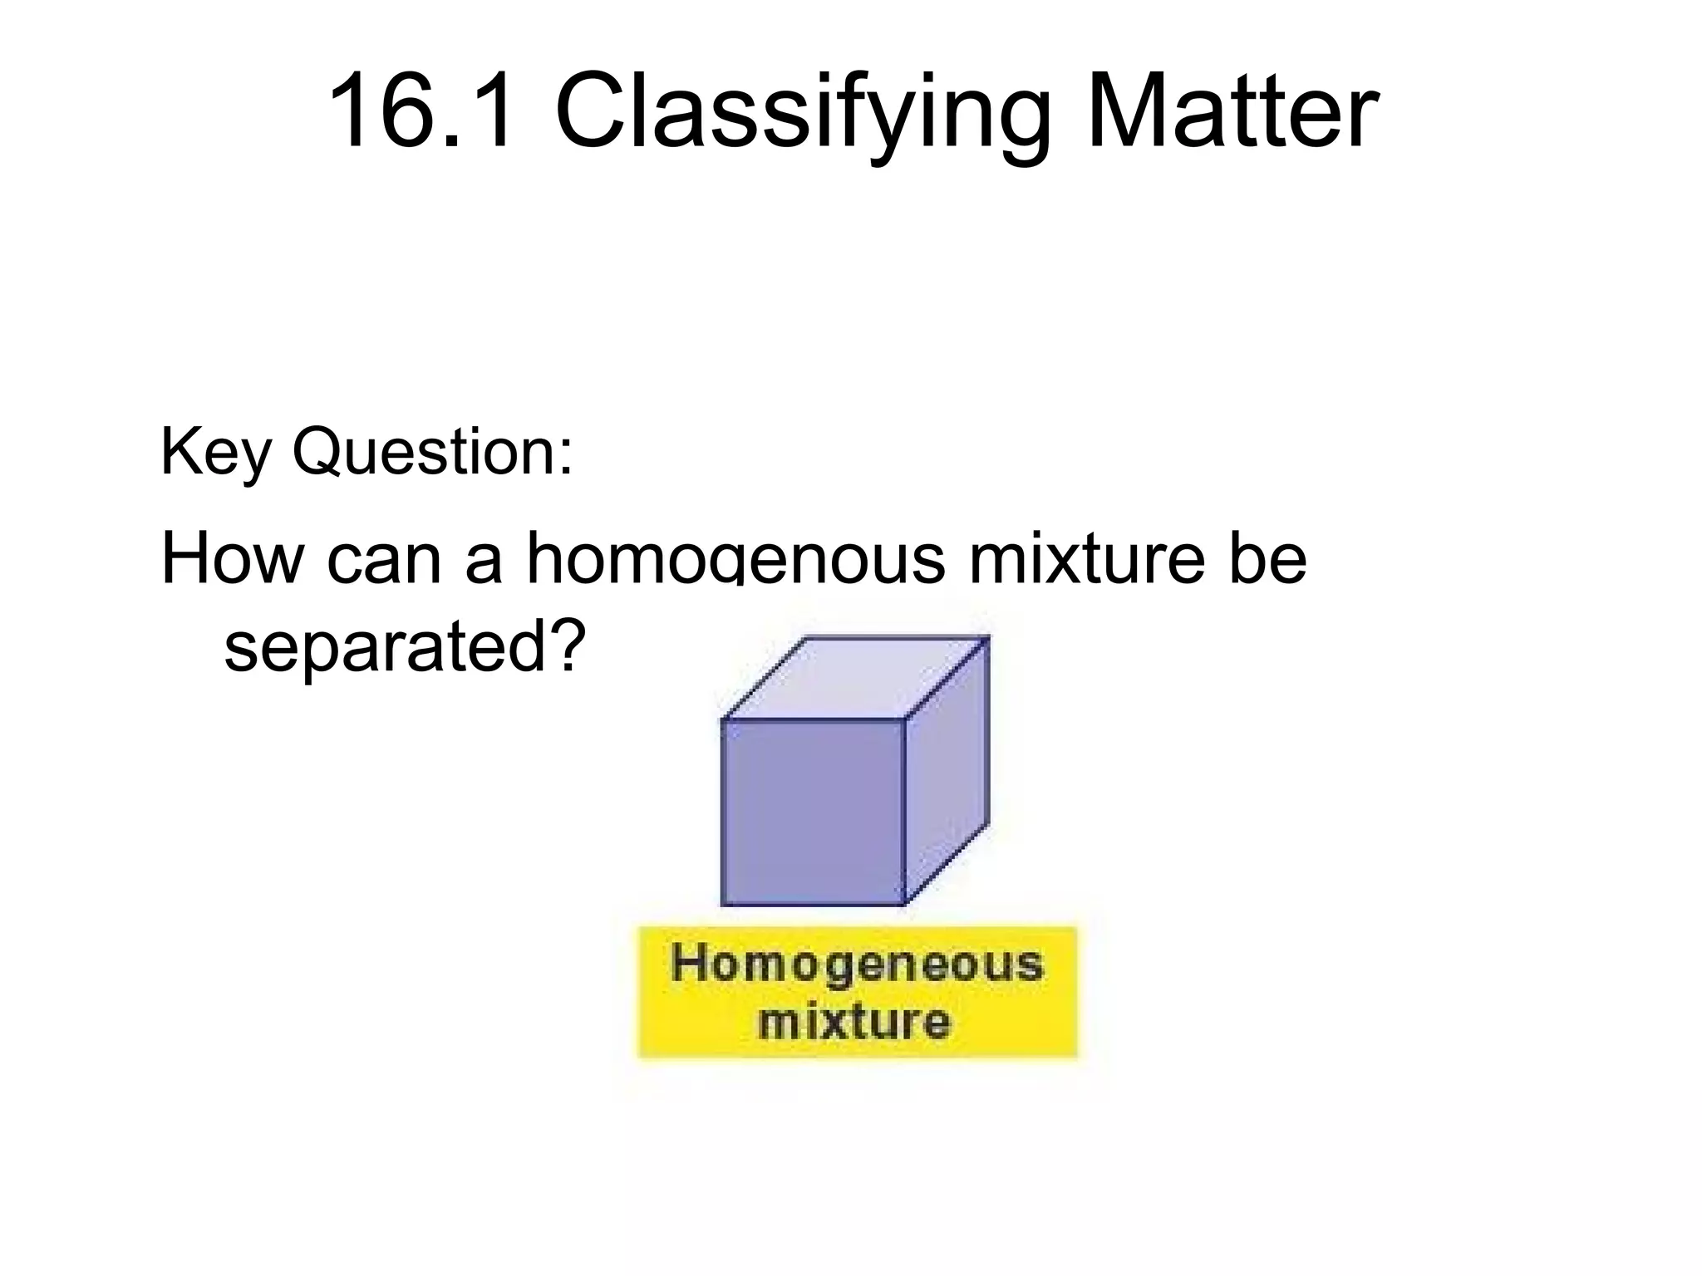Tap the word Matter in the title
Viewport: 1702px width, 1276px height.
click(1231, 112)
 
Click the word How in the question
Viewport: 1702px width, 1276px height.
click(233, 558)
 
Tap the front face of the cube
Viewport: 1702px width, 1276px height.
click(812, 812)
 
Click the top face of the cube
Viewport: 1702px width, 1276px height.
click(856, 676)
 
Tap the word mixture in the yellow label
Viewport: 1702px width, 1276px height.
click(853, 1021)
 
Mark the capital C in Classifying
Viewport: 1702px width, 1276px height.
click(586, 112)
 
